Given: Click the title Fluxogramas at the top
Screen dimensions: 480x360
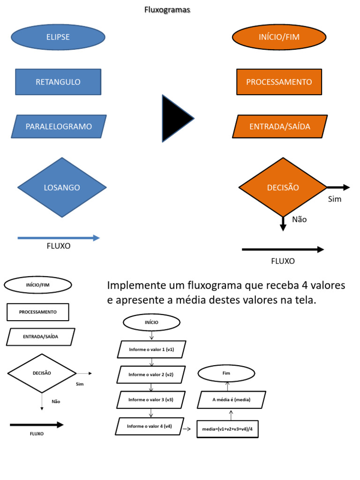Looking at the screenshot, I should (x=167, y=10).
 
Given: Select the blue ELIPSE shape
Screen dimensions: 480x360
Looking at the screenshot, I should (x=58, y=37).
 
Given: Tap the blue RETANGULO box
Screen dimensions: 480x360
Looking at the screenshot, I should (x=58, y=82).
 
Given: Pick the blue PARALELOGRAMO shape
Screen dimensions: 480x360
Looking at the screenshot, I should (x=59, y=127).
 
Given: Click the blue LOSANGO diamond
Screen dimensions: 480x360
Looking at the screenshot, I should (x=62, y=187).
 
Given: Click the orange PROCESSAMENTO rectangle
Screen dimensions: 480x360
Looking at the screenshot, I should (x=279, y=82).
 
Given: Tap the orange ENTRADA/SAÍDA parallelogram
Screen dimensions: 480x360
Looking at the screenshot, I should (x=279, y=127).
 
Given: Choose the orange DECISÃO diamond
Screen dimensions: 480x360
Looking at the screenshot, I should (x=283, y=187).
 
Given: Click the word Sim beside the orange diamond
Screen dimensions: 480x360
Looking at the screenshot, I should (x=335, y=199).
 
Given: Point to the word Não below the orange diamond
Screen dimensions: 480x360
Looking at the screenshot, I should (x=299, y=219).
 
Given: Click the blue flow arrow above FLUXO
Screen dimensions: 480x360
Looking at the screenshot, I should (x=59, y=238).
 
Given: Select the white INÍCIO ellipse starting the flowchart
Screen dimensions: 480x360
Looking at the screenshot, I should (x=151, y=322).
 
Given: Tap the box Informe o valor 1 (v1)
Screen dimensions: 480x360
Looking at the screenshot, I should (x=151, y=349).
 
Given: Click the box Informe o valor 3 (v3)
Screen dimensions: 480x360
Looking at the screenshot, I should (x=151, y=400).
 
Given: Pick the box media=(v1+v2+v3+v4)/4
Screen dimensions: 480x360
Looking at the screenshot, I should (x=227, y=429).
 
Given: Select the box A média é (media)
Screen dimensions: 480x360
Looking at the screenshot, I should (x=232, y=400).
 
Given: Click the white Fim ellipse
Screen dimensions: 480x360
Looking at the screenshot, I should (x=226, y=373).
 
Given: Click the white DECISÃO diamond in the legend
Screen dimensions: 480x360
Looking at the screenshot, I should (x=42, y=373).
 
